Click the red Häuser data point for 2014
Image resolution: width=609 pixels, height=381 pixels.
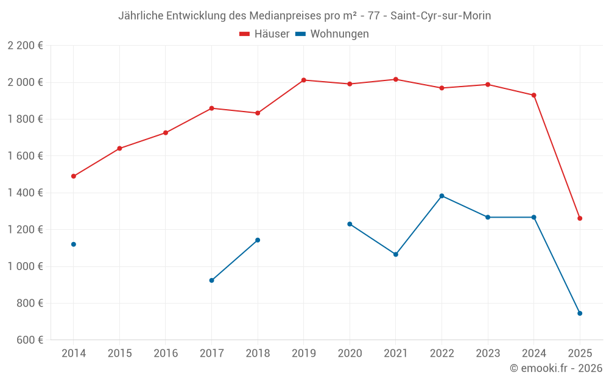pyautogui.click(x=74, y=176)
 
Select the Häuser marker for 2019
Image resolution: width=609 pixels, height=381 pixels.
pyautogui.click(x=303, y=80)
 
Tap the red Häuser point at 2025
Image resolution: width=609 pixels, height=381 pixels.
pyautogui.click(x=580, y=218)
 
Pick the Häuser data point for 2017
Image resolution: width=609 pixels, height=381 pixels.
pyautogui.click(x=211, y=108)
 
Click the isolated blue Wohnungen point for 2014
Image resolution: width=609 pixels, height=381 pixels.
pyautogui.click(x=74, y=244)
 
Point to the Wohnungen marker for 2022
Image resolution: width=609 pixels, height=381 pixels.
pyautogui.click(x=442, y=196)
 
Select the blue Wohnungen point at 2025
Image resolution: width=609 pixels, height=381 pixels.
pyautogui.click(x=580, y=313)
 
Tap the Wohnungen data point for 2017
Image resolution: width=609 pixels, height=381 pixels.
pyautogui.click(x=211, y=280)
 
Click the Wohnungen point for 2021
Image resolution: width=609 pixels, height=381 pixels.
pyautogui.click(x=395, y=254)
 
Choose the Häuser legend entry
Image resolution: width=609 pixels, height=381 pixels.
pyautogui.click(x=264, y=34)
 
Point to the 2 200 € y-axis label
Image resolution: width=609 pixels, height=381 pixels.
pyautogui.click(x=25, y=46)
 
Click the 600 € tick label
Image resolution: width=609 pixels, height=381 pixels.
pyautogui.click(x=30, y=340)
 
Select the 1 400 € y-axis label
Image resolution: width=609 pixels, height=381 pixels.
pyautogui.click(x=25, y=193)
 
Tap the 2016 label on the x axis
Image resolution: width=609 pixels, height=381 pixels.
pyautogui.click(x=166, y=353)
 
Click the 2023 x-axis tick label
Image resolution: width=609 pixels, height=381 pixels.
pyautogui.click(x=488, y=353)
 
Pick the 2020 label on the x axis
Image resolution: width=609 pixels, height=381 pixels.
pyautogui.click(x=350, y=353)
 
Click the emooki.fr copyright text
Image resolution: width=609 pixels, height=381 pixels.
pyautogui.click(x=555, y=368)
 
